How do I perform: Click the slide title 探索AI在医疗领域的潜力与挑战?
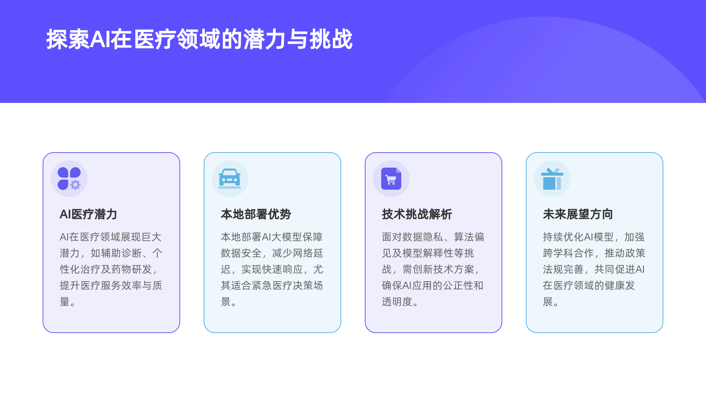pyautogui.click(x=199, y=39)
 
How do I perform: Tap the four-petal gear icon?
pyautogui.click(x=69, y=179)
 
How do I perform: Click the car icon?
pyautogui.click(x=230, y=179)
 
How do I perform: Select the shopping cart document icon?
pyautogui.click(x=391, y=179)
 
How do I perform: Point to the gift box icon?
pyautogui.click(x=552, y=179)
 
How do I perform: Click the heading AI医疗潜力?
pyautogui.click(x=88, y=214)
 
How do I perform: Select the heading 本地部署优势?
pyautogui.click(x=256, y=214)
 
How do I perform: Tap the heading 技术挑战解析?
pyautogui.click(x=417, y=214)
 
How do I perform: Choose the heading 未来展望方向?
pyautogui.click(x=578, y=214)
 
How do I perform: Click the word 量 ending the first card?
pyautogui.click(x=65, y=302)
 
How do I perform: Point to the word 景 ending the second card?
pyautogui.click(x=226, y=302)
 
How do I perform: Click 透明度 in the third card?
pyautogui.click(x=397, y=302)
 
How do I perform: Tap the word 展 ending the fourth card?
pyautogui.click(x=548, y=302)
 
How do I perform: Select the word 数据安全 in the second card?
pyautogui.click(x=241, y=253)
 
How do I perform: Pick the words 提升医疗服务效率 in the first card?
pyautogui.click(x=101, y=286)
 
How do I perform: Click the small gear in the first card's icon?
pyautogui.click(x=75, y=185)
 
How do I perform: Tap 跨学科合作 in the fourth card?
pyautogui.click(x=568, y=253)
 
